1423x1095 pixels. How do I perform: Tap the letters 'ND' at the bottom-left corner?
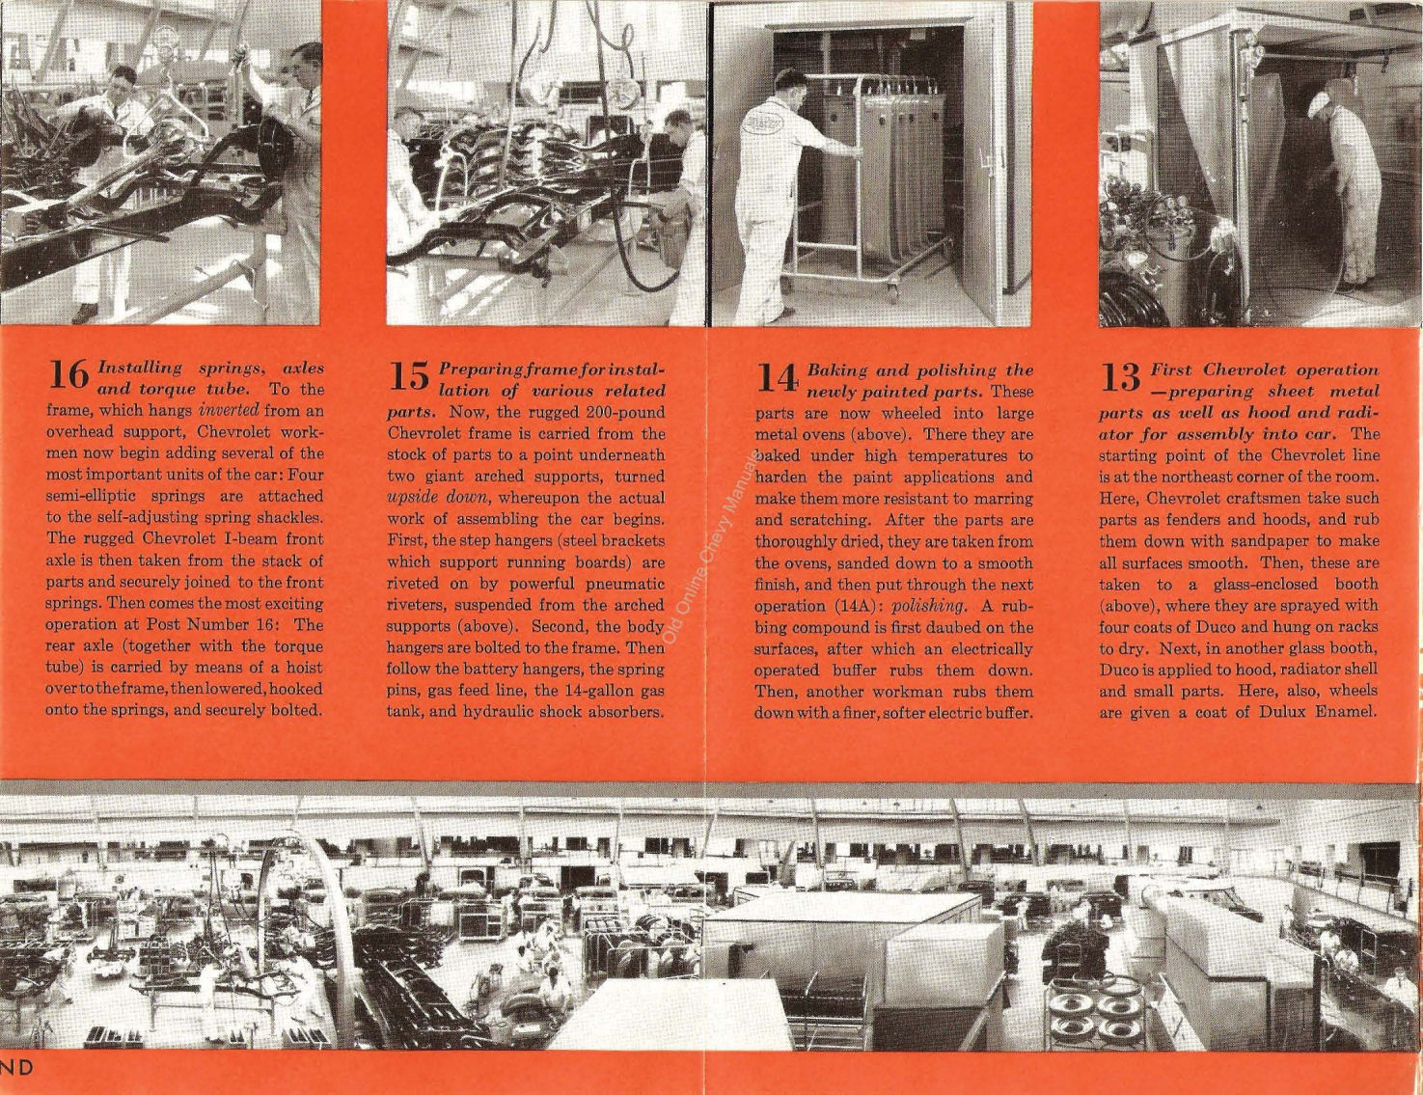click(x=17, y=1066)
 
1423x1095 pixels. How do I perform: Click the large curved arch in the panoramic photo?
click(x=333, y=897)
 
